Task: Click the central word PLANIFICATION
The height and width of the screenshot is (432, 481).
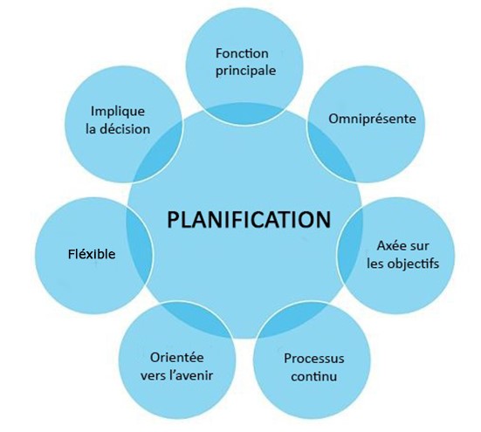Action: coord(249,219)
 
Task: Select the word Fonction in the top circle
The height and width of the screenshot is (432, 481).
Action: coord(242,53)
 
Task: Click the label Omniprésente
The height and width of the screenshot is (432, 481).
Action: coord(372,119)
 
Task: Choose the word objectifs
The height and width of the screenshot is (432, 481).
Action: coord(413,264)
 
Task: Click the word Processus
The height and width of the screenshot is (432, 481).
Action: coord(313,359)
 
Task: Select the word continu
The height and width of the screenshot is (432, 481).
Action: coord(313,376)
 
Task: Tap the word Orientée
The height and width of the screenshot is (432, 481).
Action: coord(177,358)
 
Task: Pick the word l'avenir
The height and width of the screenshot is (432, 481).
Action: coord(194,375)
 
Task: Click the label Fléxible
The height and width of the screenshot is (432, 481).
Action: coord(92,254)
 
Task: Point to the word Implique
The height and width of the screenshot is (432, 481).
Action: coord(118,112)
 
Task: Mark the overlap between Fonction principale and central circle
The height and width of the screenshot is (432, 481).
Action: coord(244,113)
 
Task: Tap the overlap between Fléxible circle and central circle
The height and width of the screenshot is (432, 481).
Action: coord(140,245)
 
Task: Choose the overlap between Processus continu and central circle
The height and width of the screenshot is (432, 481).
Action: coord(292,319)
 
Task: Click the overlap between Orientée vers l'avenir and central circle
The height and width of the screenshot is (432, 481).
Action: coord(196,319)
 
